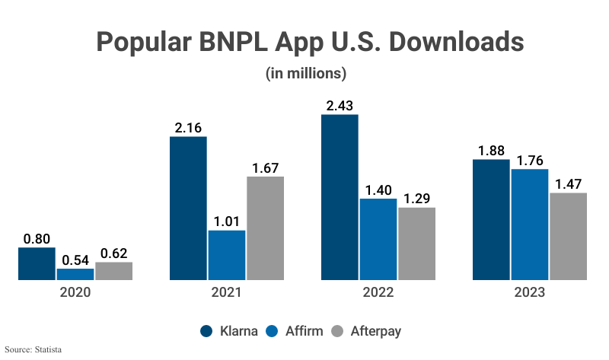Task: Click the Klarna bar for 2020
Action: tap(37, 263)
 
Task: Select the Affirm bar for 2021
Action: tap(227, 255)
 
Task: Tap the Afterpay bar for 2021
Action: tap(265, 228)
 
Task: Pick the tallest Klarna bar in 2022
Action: tap(340, 197)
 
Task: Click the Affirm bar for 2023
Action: tap(530, 225)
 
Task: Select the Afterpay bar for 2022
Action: tap(416, 244)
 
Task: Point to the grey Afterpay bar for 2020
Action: tap(113, 271)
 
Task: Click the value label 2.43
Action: tap(340, 106)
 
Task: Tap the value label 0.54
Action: tap(75, 259)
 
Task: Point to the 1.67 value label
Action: tap(265, 167)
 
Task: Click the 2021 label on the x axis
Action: tap(227, 292)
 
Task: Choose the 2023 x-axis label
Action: tap(530, 292)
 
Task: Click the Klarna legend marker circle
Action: tap(206, 331)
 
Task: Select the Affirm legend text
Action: tap(304, 331)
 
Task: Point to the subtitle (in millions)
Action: tap(305, 74)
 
